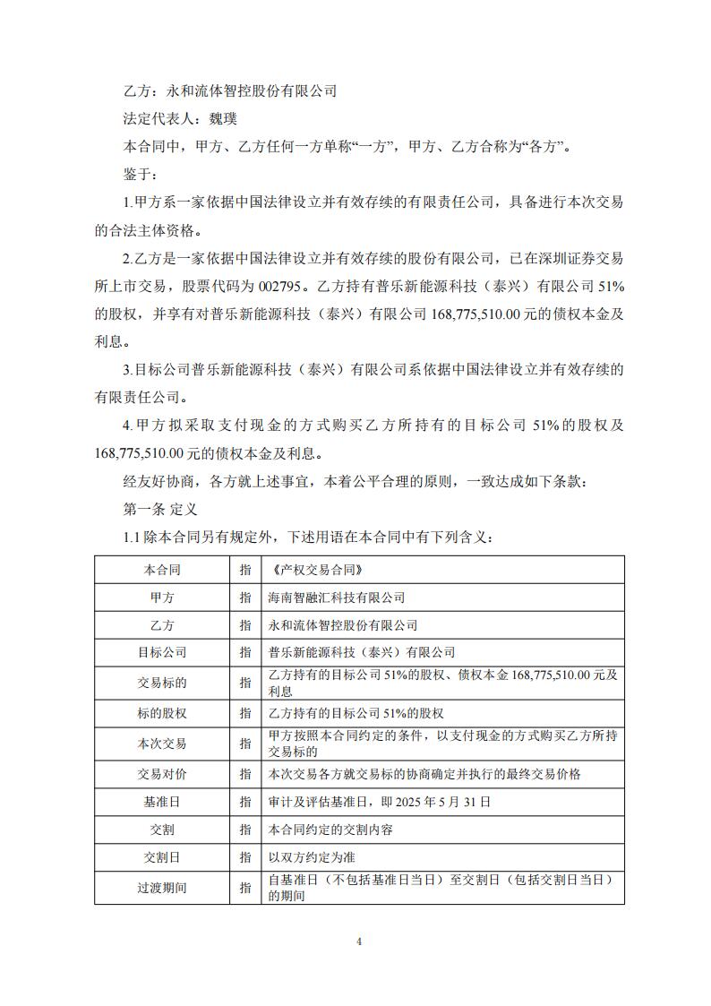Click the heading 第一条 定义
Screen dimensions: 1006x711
coord(158,508)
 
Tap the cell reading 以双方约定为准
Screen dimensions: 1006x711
coord(312,857)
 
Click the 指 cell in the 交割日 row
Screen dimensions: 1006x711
coord(244,857)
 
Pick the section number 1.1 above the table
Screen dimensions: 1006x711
coord(132,537)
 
